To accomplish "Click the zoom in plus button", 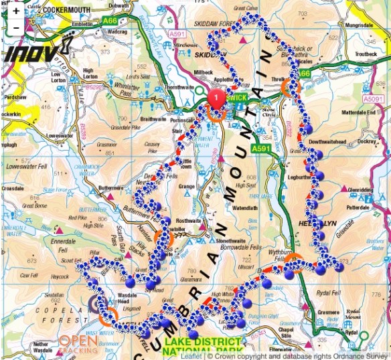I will [x=16, y=11].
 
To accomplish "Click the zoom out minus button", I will [x=16, y=28].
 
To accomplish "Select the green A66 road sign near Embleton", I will [x=110, y=21].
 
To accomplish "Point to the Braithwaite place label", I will [x=153, y=118].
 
